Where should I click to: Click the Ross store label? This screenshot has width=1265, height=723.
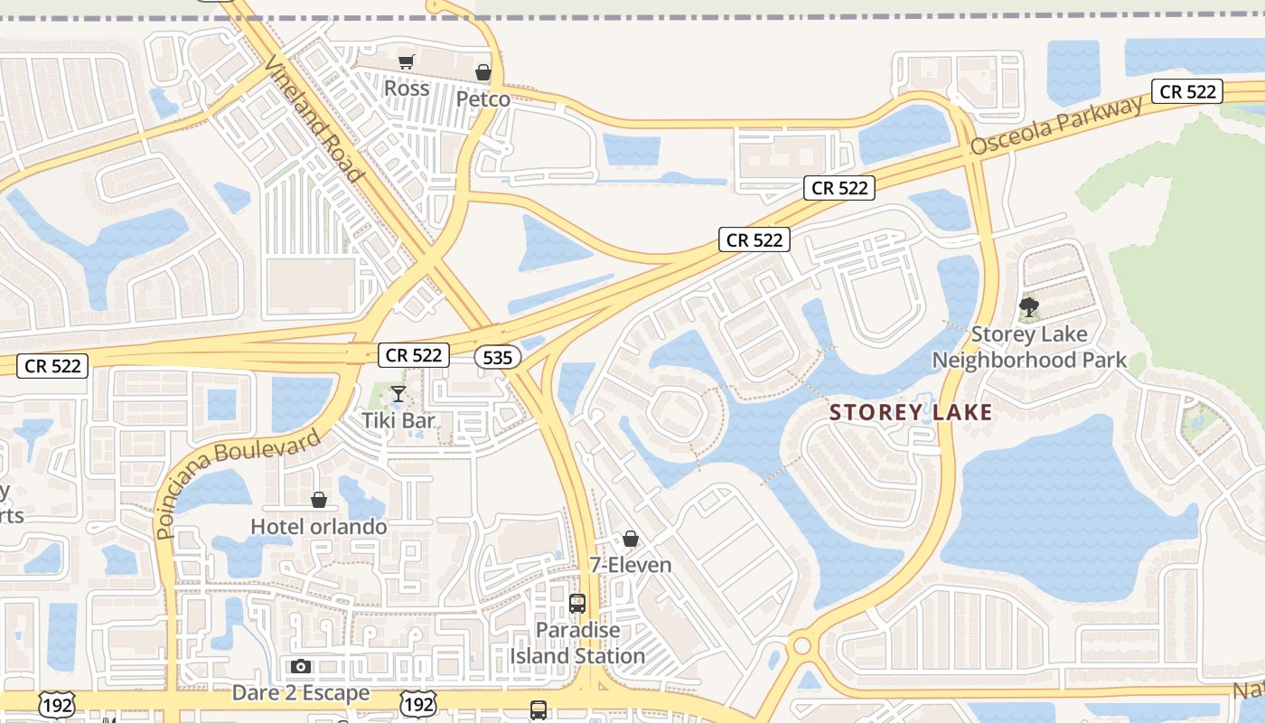pyautogui.click(x=407, y=89)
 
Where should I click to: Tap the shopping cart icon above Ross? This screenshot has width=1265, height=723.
pyautogui.click(x=407, y=61)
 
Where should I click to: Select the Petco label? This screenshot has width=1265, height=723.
pyautogui.click(x=483, y=99)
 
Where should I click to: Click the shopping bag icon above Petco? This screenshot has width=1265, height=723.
pyautogui.click(x=483, y=72)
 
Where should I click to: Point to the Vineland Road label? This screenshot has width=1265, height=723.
pyautogui.click(x=314, y=117)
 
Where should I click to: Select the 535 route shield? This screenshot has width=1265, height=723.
pyautogui.click(x=497, y=358)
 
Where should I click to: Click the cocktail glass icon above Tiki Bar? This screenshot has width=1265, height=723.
pyautogui.click(x=398, y=394)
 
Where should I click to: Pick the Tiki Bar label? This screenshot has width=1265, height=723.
pyautogui.click(x=398, y=420)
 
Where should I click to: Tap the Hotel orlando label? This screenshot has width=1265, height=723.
pyautogui.click(x=319, y=526)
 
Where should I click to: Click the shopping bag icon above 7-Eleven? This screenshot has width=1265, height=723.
pyautogui.click(x=631, y=539)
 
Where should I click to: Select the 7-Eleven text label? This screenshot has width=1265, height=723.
pyautogui.click(x=631, y=565)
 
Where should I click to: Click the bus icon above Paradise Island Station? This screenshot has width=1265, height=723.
pyautogui.click(x=577, y=603)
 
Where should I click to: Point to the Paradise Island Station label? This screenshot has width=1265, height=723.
pyautogui.click(x=577, y=643)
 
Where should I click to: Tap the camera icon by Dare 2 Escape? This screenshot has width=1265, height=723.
pyautogui.click(x=301, y=667)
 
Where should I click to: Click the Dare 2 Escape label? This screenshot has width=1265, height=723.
pyautogui.click(x=301, y=693)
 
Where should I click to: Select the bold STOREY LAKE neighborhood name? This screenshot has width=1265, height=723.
pyautogui.click(x=911, y=413)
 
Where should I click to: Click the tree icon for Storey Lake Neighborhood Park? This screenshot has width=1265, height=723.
pyautogui.click(x=1028, y=308)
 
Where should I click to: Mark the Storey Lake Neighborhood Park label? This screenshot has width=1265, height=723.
pyautogui.click(x=1029, y=347)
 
